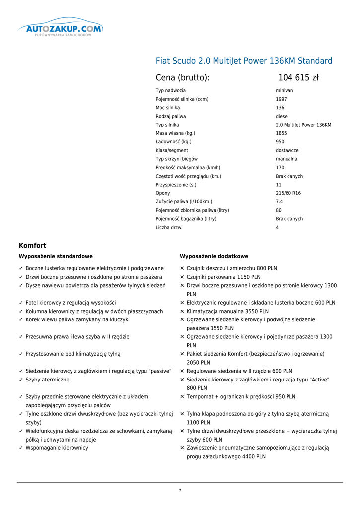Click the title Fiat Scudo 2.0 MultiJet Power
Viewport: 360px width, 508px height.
tap(244, 61)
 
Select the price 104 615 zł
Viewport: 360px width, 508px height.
tap(298, 78)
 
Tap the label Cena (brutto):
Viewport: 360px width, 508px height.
tap(182, 78)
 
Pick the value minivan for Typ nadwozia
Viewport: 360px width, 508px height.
tap(285, 91)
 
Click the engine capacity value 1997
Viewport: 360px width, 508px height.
tap(281, 99)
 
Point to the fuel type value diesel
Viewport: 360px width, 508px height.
tap(282, 116)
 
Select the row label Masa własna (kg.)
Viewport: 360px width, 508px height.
tap(175, 133)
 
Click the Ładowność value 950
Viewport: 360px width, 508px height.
tap(280, 142)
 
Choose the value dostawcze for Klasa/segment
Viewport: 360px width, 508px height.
tap(287, 150)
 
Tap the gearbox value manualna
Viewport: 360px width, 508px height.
tap(287, 159)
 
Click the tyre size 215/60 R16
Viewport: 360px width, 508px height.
tap(288, 193)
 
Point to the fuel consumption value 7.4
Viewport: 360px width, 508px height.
tap(279, 202)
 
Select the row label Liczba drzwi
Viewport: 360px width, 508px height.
tap(169, 228)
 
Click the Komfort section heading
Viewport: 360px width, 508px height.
tap(32, 246)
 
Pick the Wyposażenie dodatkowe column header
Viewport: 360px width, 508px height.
tap(214, 256)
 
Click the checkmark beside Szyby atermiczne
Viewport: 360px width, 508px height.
tap(21, 380)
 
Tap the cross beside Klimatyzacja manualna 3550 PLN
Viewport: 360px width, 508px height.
tap(182, 312)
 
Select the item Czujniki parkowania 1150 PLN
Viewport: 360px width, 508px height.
tap(223, 277)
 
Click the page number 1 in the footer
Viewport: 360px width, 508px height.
tap(180, 491)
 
